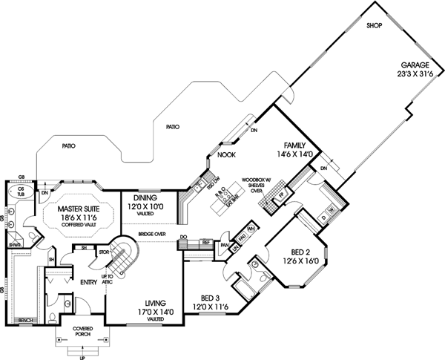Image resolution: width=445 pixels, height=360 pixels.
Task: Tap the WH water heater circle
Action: point(252,228)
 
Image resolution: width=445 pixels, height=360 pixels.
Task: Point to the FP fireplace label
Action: point(282,196)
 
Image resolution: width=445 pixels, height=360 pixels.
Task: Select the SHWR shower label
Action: point(13,243)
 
